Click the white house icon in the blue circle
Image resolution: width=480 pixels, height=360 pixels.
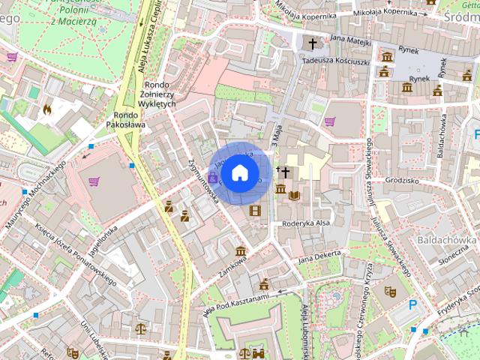click(238, 172)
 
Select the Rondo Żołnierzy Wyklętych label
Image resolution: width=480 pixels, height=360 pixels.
click(157, 94)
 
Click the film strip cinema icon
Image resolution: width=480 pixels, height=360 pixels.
click(256, 211)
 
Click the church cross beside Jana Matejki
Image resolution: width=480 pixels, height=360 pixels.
click(313, 44)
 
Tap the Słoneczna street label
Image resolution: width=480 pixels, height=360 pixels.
click(453, 256)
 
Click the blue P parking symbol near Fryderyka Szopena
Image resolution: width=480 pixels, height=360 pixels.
click(412, 304)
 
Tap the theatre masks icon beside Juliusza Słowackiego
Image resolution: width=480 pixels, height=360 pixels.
click(389, 290)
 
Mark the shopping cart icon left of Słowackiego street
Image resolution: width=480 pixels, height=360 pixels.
click(330, 121)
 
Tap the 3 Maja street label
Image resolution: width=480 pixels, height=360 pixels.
click(274, 135)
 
